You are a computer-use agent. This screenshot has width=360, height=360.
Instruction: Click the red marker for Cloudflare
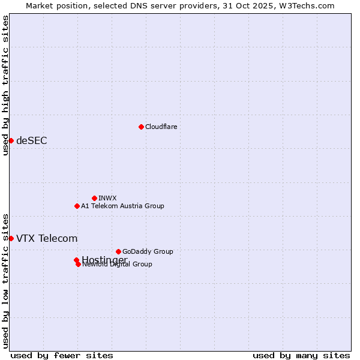pyautogui.click(x=141, y=127)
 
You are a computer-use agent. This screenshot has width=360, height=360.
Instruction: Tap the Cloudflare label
pyautogui.click(x=161, y=127)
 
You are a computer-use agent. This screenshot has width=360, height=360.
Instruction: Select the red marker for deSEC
pyautogui.click(x=11, y=140)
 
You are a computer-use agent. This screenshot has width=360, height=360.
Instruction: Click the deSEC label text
pyautogui.click(x=31, y=140)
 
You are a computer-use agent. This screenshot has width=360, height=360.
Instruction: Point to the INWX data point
pyautogui.click(x=94, y=198)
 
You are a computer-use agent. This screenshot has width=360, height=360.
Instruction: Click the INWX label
pyautogui.click(x=107, y=198)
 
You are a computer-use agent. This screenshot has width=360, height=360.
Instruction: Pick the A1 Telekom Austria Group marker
pyautogui.click(x=77, y=206)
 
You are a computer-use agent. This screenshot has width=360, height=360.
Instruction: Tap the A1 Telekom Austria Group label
pyautogui.click(x=122, y=206)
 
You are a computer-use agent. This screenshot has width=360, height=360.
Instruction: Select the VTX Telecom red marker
pyautogui.click(x=11, y=238)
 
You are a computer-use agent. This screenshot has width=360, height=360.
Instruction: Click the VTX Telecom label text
pyautogui.click(x=47, y=238)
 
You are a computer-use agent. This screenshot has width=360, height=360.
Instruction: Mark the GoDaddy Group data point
pyautogui.click(x=118, y=251)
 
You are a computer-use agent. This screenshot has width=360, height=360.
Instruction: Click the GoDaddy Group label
pyautogui.click(x=148, y=251)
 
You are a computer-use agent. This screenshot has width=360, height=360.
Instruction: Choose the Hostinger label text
pyautogui.click(x=104, y=259)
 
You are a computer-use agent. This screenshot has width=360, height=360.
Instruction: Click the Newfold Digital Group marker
pyautogui.click(x=78, y=264)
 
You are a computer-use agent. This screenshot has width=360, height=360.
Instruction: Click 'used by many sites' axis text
pyautogui.click(x=301, y=355)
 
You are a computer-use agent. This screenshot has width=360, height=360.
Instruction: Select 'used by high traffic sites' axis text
pyautogui.click(x=5, y=85)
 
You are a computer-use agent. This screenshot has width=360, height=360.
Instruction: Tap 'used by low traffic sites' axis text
pyautogui.click(x=5, y=280)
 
